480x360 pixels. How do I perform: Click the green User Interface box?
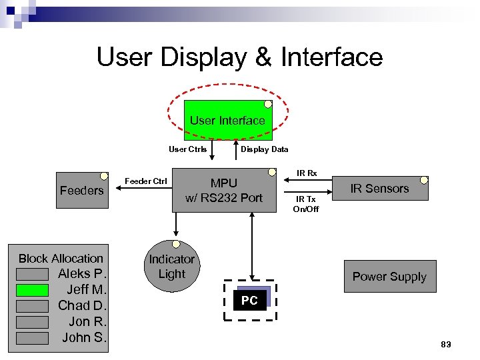227,120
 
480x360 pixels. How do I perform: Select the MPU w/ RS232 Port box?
224,191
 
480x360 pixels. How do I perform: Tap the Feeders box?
82,191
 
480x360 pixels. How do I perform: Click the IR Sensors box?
379,189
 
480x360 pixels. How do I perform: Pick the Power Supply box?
389,277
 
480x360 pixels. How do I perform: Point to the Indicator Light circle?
172,267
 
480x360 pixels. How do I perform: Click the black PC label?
249,301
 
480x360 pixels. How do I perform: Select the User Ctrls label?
187,149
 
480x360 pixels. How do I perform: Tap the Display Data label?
265,149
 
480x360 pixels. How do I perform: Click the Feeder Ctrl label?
146,181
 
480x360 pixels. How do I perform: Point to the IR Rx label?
307,173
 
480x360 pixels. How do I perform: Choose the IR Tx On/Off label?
306,204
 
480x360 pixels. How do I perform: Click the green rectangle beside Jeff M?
32,290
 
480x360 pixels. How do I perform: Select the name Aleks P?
82,274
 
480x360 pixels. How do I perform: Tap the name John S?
84,337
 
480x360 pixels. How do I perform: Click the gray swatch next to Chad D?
32,306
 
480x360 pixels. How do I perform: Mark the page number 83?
446,344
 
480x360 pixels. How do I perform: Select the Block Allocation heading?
61,259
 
